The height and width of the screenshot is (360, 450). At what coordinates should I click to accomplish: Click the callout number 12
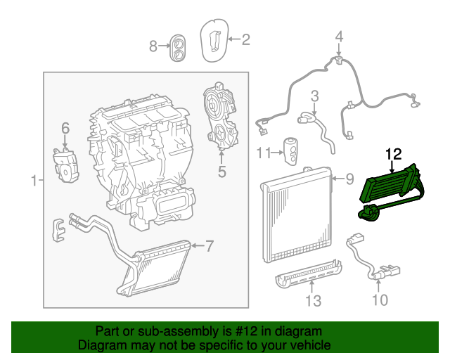click(392, 153)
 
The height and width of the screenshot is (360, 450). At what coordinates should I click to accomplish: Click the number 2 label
click(245, 40)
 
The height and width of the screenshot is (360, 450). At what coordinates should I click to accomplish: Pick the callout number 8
click(153, 46)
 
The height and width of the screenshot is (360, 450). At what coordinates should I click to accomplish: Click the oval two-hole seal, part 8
click(178, 47)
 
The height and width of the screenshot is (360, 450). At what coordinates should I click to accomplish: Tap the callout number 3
click(315, 95)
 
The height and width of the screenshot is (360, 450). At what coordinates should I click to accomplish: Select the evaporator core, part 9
click(295, 218)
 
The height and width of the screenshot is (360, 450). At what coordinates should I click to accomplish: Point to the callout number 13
click(312, 302)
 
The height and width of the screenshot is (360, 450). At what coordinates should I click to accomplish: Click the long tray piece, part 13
click(306, 274)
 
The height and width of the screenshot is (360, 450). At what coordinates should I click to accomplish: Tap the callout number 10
click(379, 301)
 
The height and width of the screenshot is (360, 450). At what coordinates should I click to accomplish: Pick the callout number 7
click(209, 245)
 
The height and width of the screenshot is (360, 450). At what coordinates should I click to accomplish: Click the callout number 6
click(65, 128)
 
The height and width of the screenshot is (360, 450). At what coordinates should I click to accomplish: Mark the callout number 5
click(221, 170)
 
